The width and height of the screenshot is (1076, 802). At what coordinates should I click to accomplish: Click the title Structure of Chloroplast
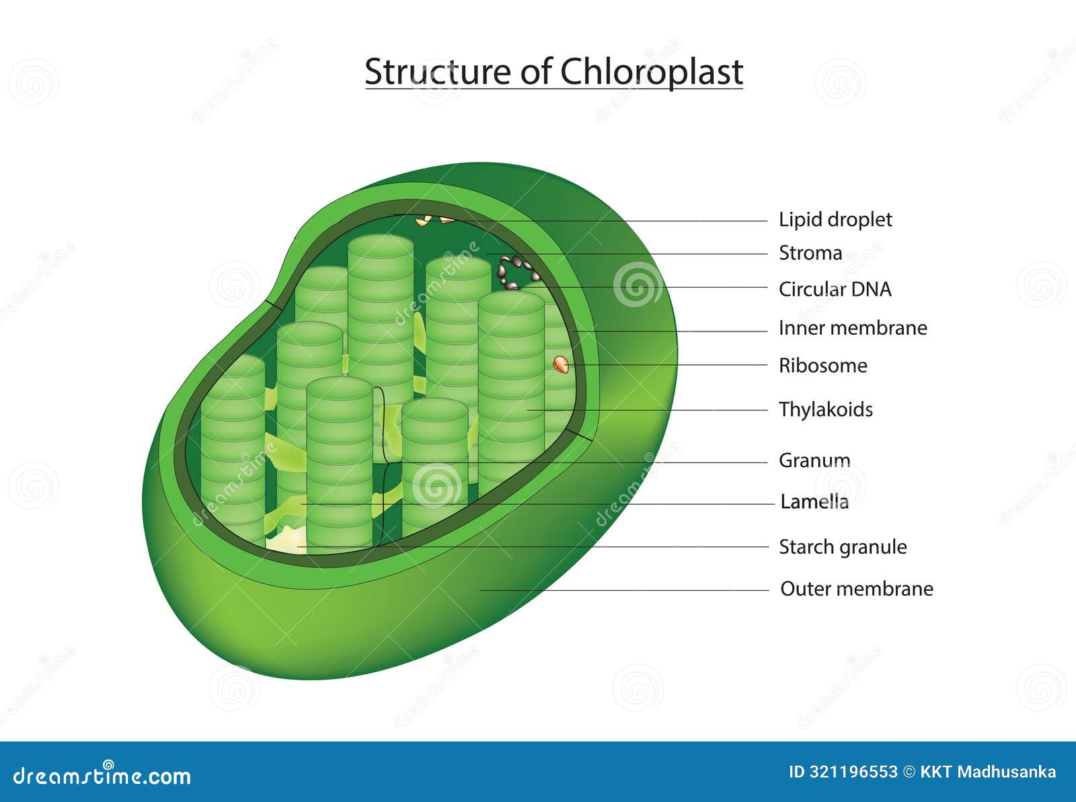click(553, 71)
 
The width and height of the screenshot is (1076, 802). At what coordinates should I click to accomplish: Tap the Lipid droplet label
click(835, 220)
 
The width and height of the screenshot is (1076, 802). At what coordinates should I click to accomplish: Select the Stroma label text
click(810, 253)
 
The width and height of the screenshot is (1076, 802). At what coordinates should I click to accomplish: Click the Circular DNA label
click(835, 289)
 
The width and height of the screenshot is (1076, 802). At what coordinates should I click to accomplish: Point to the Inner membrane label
click(852, 328)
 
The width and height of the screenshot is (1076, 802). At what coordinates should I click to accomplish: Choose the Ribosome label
click(822, 366)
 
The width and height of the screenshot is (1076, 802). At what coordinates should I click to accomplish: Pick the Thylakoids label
click(825, 409)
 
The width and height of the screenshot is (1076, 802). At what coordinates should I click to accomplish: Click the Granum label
click(814, 460)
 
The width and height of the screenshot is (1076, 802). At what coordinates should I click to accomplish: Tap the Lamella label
click(814, 502)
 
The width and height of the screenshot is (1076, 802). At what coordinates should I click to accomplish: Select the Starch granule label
click(842, 547)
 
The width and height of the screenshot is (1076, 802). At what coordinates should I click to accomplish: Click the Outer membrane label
click(856, 589)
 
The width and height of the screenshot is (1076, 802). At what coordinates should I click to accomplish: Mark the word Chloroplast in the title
click(651, 71)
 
